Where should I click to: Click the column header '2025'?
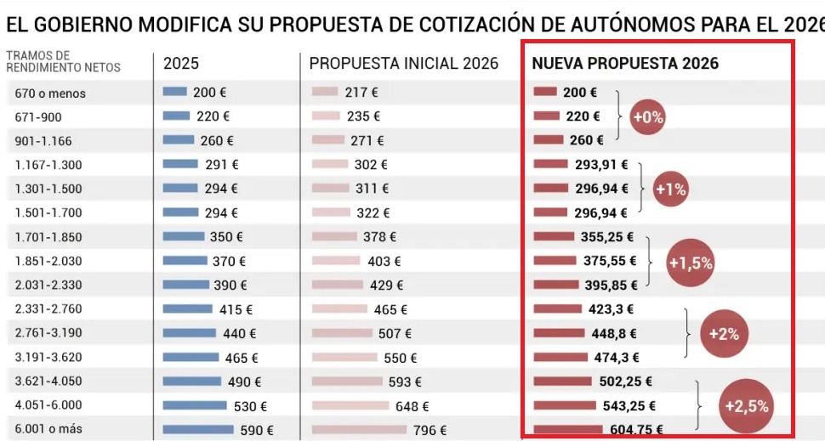click(182, 64)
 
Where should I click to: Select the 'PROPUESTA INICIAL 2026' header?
click(403, 64)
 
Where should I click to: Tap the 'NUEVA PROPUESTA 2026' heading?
click(625, 64)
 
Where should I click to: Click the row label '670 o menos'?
click(50, 93)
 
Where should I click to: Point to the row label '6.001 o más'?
click(48, 430)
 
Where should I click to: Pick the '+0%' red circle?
click(646, 118)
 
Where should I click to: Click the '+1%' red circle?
click(669, 190)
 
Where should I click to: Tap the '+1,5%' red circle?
click(690, 263)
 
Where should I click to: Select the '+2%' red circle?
click(723, 334)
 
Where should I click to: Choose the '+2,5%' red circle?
click(746, 405)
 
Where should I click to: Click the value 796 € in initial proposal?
click(430, 431)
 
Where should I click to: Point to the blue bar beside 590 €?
click(198, 430)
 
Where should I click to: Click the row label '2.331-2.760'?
click(48, 310)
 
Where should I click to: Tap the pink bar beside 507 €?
click(342, 333)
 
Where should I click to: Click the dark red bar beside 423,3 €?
click(556, 309)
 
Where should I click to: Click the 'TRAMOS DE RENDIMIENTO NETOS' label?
click(63, 61)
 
